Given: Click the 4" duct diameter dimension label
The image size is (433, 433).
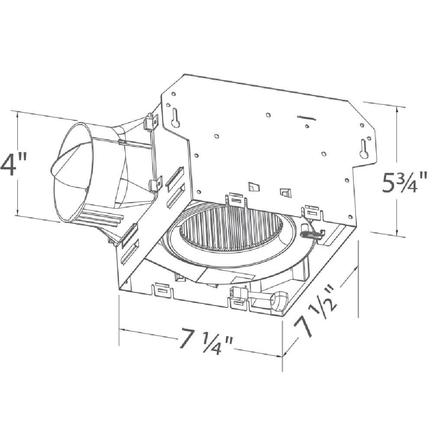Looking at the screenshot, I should tap(14, 164).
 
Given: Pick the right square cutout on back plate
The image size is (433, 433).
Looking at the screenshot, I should tap(284, 191).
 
